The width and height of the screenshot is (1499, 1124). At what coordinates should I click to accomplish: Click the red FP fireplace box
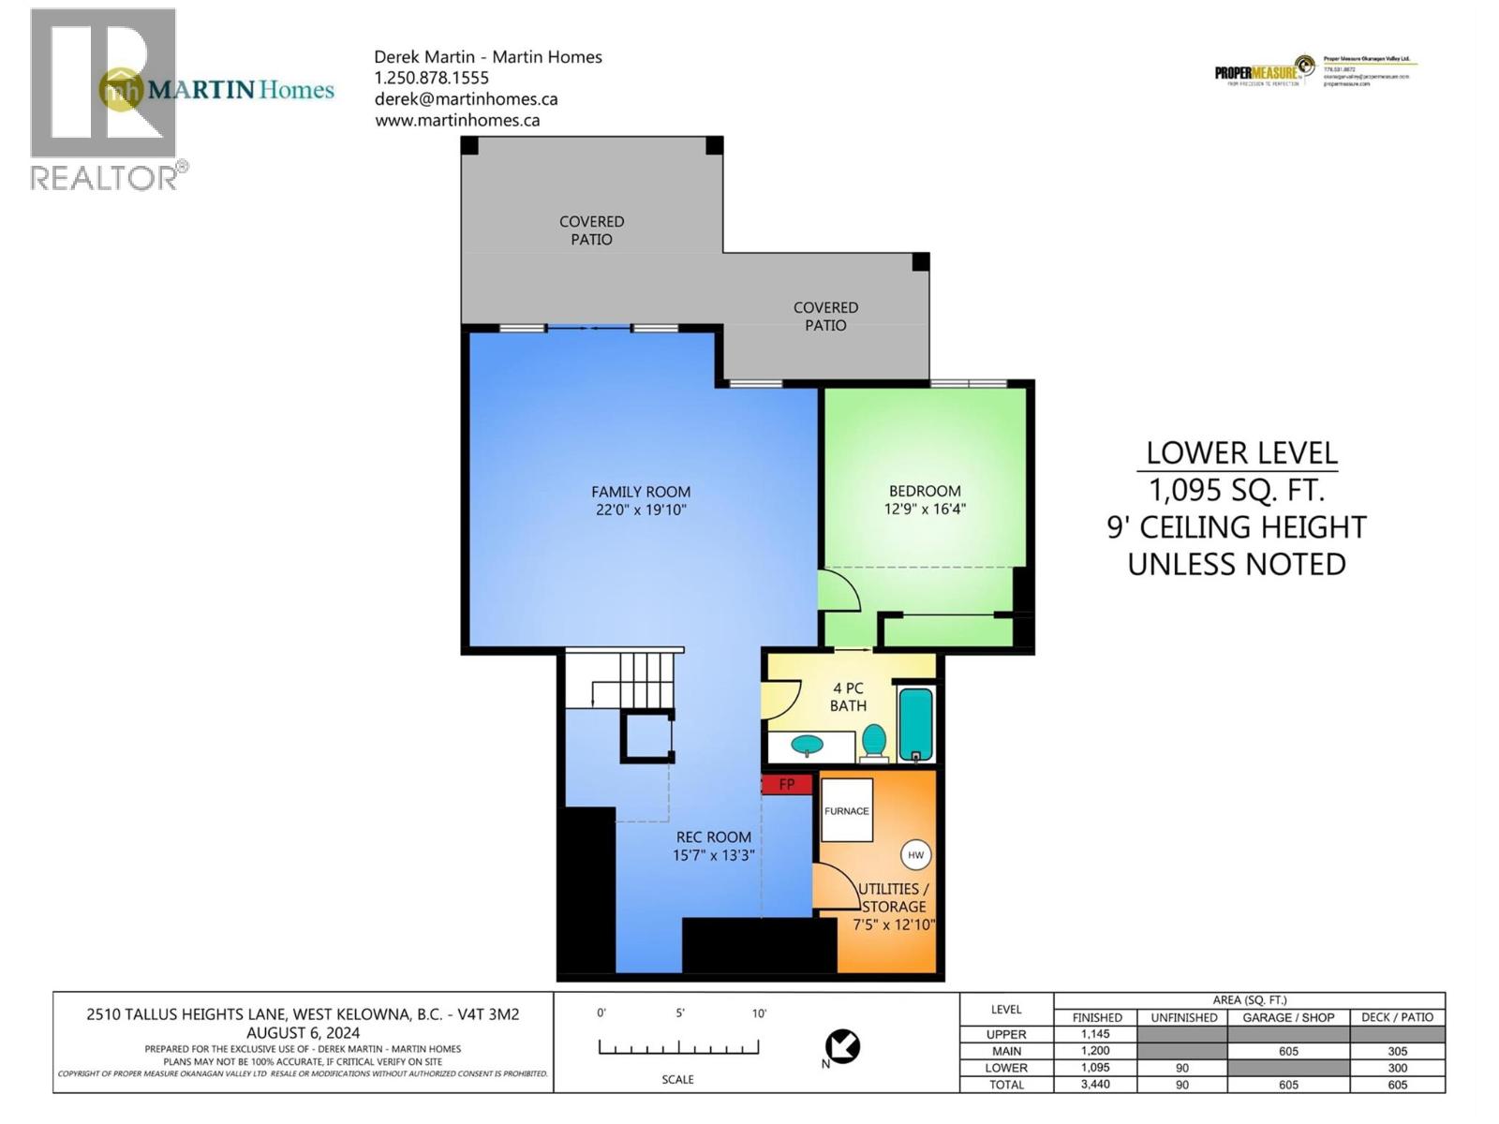click(786, 784)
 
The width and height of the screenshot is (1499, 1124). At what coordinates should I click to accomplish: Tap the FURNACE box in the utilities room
click(847, 810)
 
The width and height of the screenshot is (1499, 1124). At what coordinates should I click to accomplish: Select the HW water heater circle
click(915, 854)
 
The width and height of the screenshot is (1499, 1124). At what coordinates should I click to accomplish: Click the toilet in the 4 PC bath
click(874, 740)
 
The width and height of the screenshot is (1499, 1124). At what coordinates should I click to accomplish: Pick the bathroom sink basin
click(807, 746)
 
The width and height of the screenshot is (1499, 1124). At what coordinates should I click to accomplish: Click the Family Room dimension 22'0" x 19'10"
click(641, 510)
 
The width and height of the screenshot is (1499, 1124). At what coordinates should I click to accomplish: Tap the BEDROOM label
click(925, 491)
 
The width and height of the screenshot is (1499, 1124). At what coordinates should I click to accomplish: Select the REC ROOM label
click(714, 837)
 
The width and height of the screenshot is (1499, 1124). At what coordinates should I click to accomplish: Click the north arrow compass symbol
click(842, 1046)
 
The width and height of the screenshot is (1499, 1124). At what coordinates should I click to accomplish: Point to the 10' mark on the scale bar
click(759, 1013)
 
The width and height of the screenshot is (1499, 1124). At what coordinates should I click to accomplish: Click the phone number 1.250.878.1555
click(431, 78)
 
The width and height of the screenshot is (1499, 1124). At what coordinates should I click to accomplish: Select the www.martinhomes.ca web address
click(457, 120)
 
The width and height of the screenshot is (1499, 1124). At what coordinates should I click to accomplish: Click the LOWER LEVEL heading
click(1240, 453)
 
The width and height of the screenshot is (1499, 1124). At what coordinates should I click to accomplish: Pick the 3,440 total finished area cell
click(1096, 1085)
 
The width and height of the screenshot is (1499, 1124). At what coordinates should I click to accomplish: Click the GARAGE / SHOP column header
click(1288, 1017)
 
